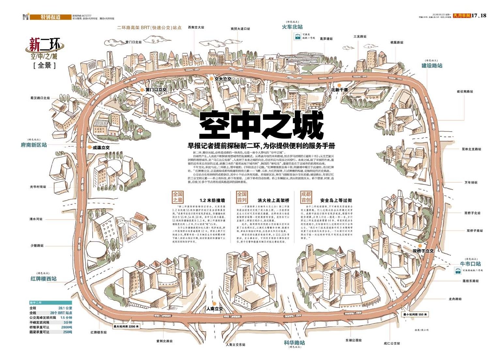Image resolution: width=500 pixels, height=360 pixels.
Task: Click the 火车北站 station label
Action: [292, 27]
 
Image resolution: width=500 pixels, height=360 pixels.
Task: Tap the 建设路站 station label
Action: [432, 66]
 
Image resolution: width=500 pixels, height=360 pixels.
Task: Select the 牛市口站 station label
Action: [470, 264]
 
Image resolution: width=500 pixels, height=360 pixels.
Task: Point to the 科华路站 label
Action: [294, 343]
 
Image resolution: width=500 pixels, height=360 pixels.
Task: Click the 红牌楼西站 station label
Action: [43, 279]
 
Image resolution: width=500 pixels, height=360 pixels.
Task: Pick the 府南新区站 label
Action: [34, 145]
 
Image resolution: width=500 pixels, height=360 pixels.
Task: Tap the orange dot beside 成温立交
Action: [89, 147]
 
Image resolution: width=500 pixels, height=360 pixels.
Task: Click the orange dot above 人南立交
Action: [214, 303]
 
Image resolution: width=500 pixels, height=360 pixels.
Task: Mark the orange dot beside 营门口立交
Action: [142, 90]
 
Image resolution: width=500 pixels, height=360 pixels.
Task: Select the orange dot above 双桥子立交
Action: [420, 246]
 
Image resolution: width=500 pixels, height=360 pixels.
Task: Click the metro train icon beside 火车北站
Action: [297, 36]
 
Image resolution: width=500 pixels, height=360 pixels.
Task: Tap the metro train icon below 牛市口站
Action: [458, 270]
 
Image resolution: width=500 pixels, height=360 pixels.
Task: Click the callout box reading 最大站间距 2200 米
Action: [126, 326]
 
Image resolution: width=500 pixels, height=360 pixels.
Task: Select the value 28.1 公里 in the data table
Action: [65, 308]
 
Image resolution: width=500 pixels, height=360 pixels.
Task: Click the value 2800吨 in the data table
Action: [67, 327]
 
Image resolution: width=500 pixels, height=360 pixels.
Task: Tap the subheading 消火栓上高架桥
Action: [273, 200]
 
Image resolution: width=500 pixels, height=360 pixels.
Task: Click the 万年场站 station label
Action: [471, 183]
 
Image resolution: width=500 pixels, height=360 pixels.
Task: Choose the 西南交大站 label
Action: [196, 27]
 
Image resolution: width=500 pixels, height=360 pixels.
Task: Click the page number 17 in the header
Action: [474, 15]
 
